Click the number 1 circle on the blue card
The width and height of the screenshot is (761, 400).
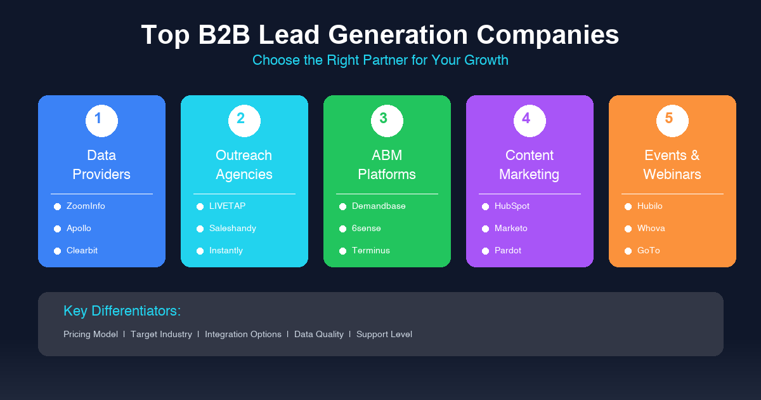click(x=101, y=121)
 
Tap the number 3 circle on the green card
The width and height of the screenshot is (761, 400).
click(x=387, y=121)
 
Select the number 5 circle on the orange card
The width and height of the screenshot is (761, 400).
click(x=672, y=121)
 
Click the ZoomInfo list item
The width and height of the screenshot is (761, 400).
click(x=86, y=206)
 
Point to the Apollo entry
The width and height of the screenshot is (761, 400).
click(x=79, y=229)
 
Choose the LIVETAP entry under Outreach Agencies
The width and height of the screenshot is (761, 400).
click(x=227, y=206)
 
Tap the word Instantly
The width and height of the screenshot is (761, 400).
click(x=226, y=251)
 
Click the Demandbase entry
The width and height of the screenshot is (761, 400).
click(x=379, y=206)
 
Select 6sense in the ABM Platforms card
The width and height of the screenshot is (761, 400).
click(x=366, y=229)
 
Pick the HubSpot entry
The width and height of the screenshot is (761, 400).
click(x=512, y=206)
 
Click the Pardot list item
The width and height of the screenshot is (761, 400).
click(x=508, y=251)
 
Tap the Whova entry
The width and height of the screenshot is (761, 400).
click(x=651, y=229)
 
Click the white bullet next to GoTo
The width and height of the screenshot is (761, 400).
click(x=628, y=251)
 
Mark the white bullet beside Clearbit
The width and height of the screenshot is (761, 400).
click(x=57, y=251)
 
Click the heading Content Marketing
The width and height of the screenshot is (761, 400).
click(x=530, y=164)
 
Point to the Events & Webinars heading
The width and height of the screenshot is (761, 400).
click(x=672, y=164)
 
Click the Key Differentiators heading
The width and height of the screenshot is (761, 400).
click(x=122, y=311)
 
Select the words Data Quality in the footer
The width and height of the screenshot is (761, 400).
click(x=319, y=335)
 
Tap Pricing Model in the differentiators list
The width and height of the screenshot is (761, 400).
click(x=91, y=335)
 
